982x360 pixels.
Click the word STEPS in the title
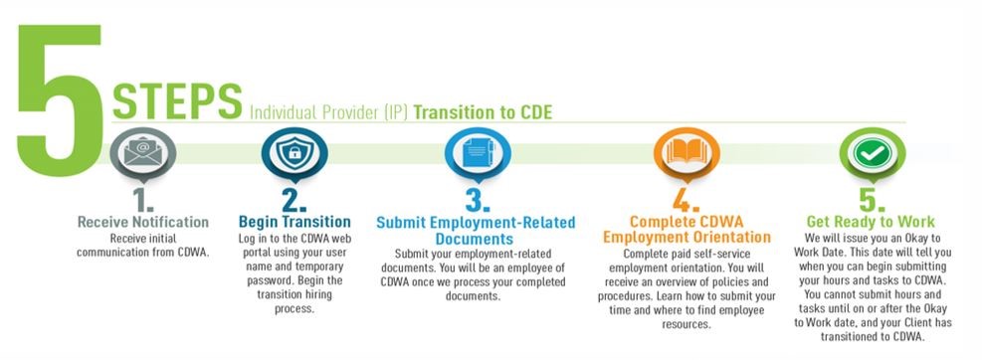[x=177, y=101]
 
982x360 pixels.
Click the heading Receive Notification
[x=143, y=221]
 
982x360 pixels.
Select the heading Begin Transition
[x=295, y=221]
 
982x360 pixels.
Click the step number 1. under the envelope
[x=144, y=200]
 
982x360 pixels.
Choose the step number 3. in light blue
[x=473, y=200]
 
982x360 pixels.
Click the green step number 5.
[x=868, y=200]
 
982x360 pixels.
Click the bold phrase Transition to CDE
[x=483, y=111]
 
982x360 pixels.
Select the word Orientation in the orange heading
[x=729, y=238]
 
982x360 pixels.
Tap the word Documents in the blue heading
[x=473, y=239]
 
